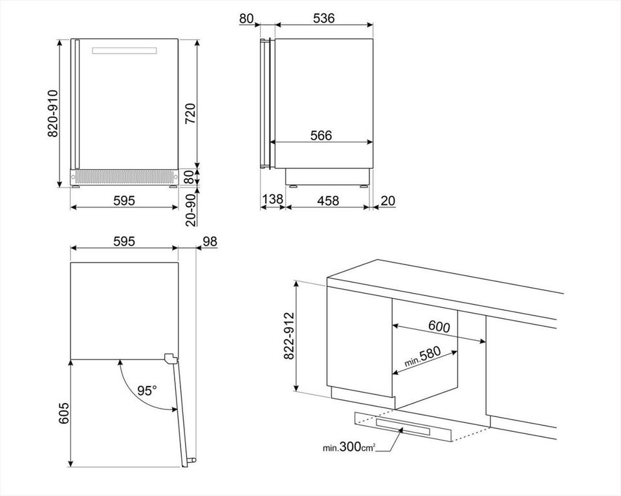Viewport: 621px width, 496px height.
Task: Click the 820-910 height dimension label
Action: coord(52,113)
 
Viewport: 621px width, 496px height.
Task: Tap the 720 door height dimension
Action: coord(190,113)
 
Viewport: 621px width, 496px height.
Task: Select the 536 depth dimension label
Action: coord(323,18)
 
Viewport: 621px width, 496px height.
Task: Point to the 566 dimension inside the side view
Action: coord(321,135)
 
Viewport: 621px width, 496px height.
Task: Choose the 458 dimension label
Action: coord(328,200)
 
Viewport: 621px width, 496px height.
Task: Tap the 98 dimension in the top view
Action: coord(210,241)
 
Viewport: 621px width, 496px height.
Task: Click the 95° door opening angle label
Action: coord(146,391)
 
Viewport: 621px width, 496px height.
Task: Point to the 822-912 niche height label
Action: coord(290,336)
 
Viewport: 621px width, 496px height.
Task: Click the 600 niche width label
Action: coord(439,327)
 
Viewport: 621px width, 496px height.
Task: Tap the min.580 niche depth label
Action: coord(422,357)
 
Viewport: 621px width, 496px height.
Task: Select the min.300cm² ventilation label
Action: coord(349,447)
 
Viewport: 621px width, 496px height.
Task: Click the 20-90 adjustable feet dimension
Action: coord(190,210)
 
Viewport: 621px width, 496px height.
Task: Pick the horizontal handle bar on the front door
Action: coord(124,51)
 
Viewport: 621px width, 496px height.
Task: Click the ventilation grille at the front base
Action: coord(124,177)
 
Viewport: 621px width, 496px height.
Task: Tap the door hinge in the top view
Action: coord(171,359)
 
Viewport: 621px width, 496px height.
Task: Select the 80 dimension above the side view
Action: coord(246,18)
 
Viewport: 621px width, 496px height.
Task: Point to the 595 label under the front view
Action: coord(124,200)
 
